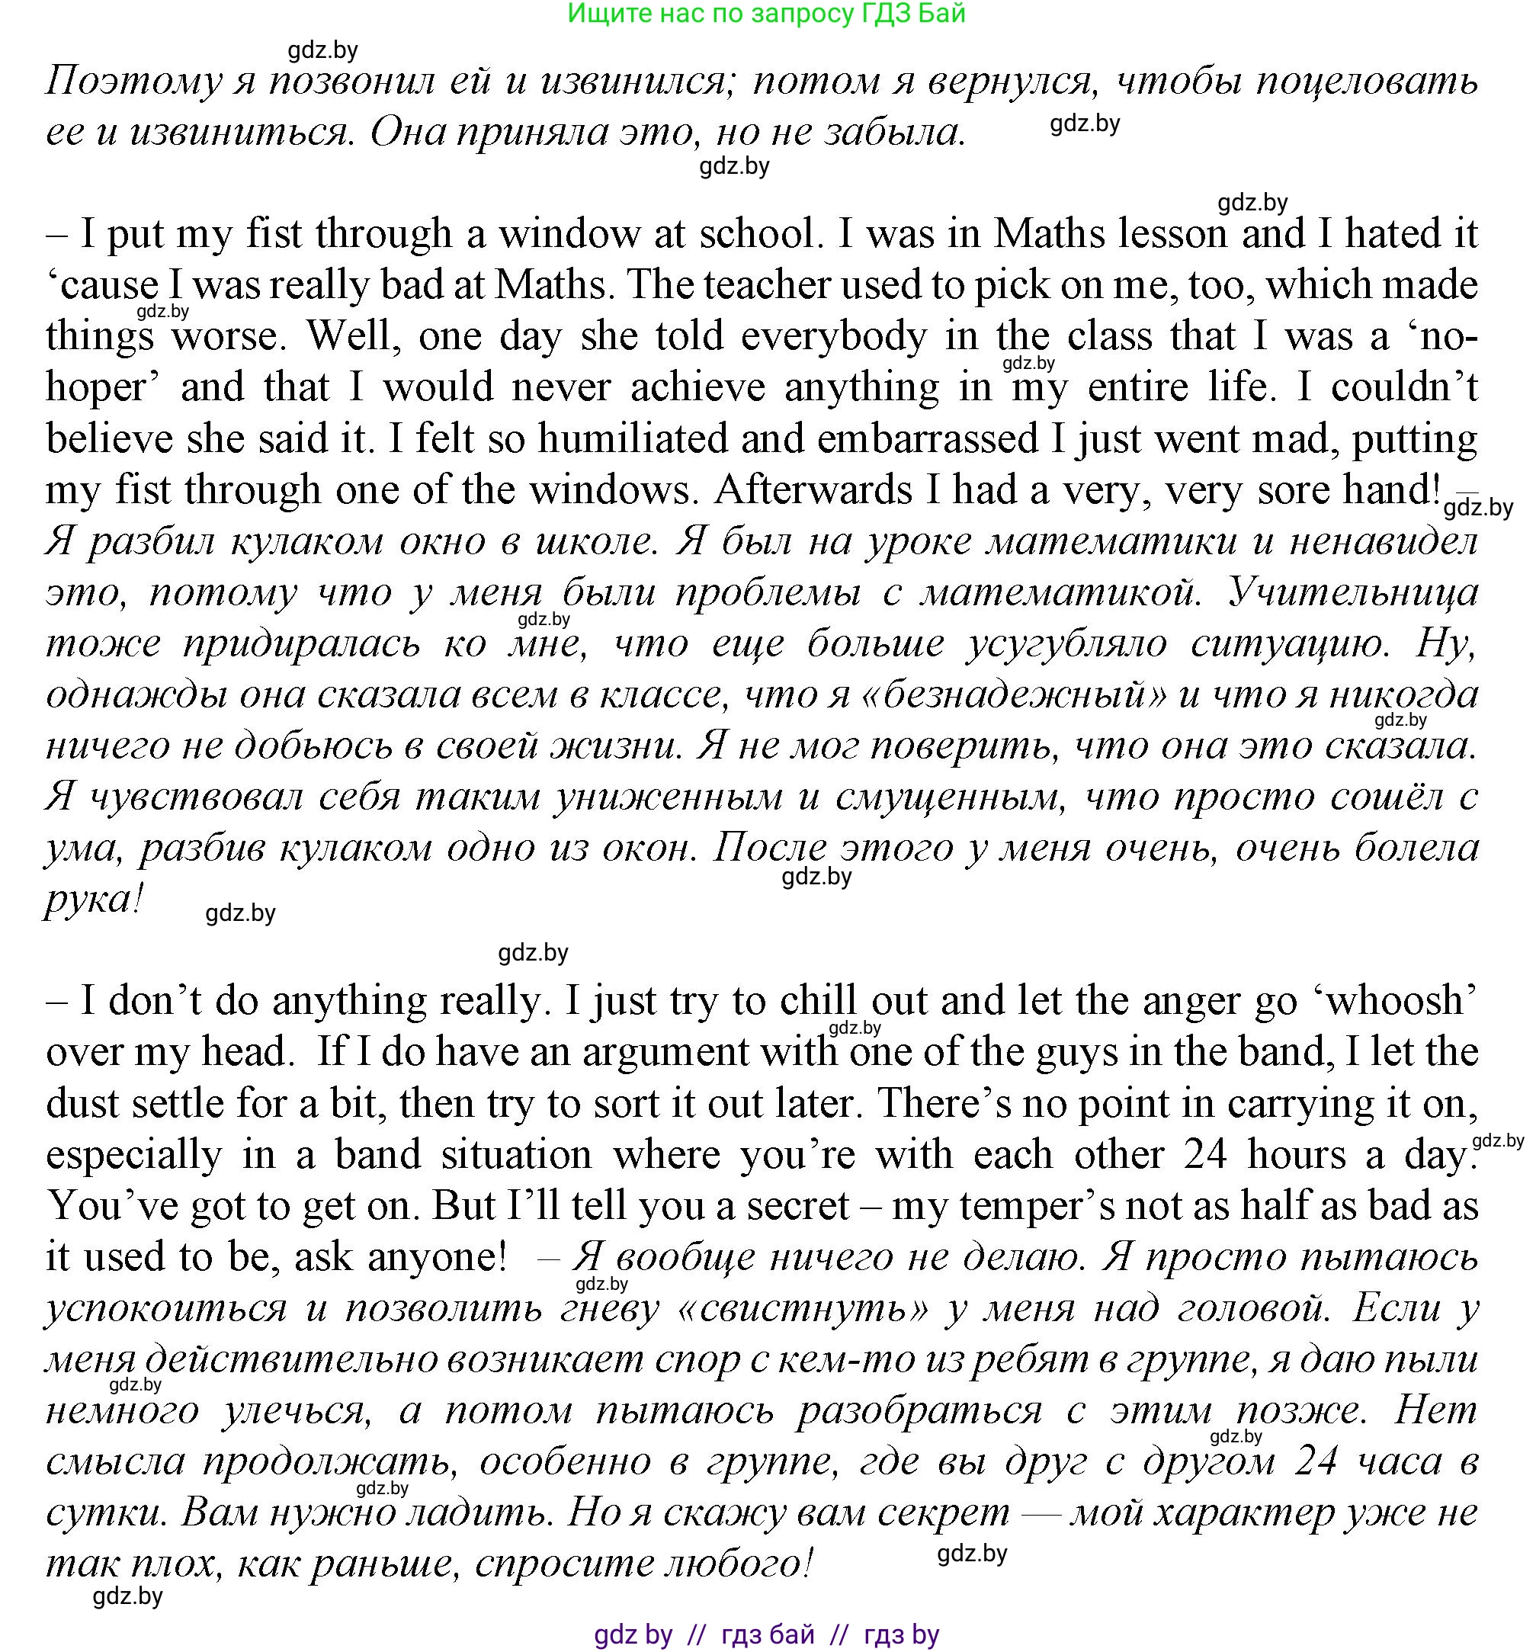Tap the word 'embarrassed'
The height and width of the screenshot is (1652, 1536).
pyautogui.click(x=927, y=439)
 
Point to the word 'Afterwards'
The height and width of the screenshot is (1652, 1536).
pyautogui.click(x=813, y=490)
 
